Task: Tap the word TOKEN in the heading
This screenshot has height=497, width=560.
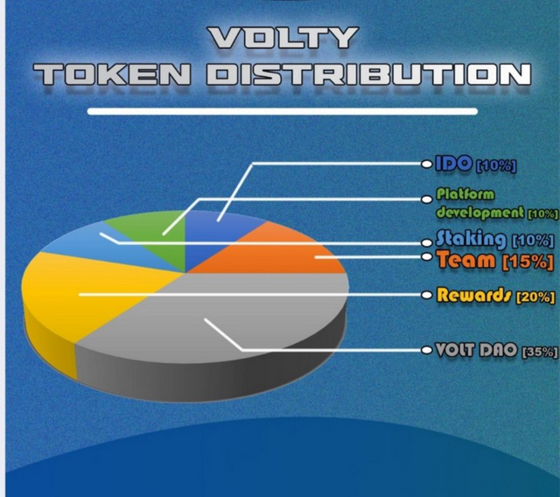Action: coord(112,74)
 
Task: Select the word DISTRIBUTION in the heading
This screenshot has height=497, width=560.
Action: coord(368,74)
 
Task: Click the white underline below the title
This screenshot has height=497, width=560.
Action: coord(283,111)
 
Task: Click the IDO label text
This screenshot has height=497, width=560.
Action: coord(453,164)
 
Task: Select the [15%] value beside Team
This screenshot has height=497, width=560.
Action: coord(528,262)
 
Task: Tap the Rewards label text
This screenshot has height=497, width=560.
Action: coord(474,295)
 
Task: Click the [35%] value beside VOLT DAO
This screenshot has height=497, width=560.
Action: coord(540,352)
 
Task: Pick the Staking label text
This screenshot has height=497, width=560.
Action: coord(472,239)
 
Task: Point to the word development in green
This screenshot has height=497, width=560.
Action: coord(480,213)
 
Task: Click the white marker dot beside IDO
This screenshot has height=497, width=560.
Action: coord(427,164)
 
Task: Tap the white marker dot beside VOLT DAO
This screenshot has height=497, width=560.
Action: coord(427,350)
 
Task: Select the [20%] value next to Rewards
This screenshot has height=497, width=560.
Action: coord(535,297)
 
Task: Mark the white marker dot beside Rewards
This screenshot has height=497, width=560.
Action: coord(427,295)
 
